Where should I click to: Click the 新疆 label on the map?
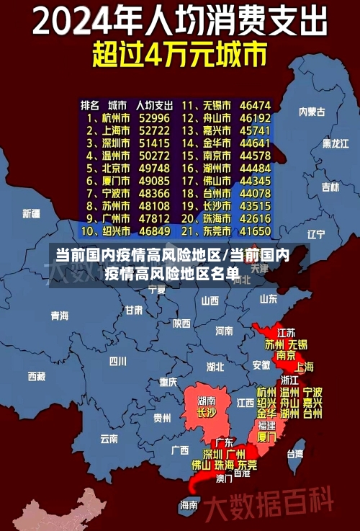(31, 213)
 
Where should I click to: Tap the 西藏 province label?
(36, 376)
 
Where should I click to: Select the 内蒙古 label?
(312, 112)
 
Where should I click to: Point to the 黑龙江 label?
(334, 143)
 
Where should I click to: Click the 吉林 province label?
(330, 187)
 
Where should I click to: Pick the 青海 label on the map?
(59, 316)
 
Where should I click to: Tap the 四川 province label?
(117, 361)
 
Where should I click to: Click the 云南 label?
(109, 437)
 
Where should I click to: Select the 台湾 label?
(295, 454)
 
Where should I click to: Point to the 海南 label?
(189, 504)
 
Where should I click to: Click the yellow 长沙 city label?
(206, 413)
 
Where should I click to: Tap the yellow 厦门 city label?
(266, 437)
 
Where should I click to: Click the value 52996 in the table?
(154, 117)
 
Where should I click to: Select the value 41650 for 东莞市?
(256, 231)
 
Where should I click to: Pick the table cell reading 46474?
(256, 105)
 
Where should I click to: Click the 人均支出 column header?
(154, 104)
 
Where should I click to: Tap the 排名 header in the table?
(90, 104)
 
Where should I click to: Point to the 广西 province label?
(179, 450)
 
